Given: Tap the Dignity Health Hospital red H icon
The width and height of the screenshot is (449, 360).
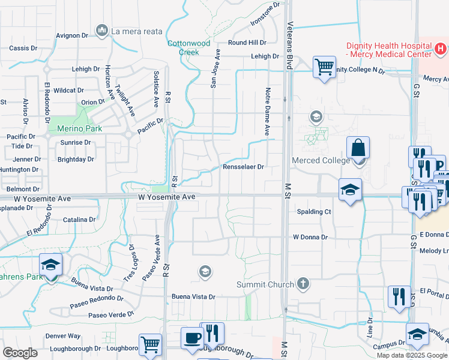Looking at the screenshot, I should (439, 47).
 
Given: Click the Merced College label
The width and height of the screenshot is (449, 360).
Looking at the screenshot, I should (320, 160).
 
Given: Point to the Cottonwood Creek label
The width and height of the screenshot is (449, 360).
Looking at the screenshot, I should (188, 47).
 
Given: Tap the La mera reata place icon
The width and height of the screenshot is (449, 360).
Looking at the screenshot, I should (101, 30).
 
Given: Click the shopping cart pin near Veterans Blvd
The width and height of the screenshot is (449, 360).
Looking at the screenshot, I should (324, 67).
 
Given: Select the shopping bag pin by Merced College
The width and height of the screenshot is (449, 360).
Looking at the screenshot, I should (358, 148).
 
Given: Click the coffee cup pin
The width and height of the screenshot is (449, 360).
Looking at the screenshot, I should (191, 337).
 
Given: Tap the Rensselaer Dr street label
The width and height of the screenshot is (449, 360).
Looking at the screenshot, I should (243, 167).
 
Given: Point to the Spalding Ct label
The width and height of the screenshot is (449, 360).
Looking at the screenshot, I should (314, 212).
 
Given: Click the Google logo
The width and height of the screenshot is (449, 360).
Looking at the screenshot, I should (20, 352).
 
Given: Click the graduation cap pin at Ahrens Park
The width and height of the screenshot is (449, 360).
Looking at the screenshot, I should (51, 265).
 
